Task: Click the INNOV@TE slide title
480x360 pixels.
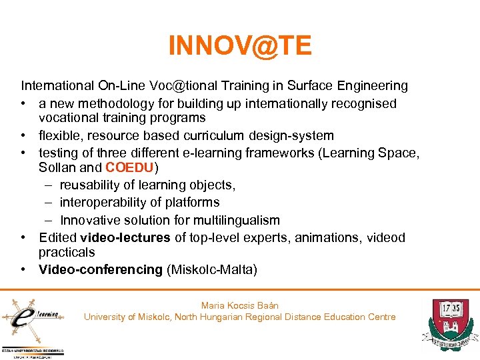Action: point(240,46)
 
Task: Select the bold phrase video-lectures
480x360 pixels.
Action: point(125,238)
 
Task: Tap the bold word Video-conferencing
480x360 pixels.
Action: point(101,269)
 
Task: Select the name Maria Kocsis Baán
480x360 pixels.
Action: point(239,305)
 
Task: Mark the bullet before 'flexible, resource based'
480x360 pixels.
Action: point(24,135)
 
